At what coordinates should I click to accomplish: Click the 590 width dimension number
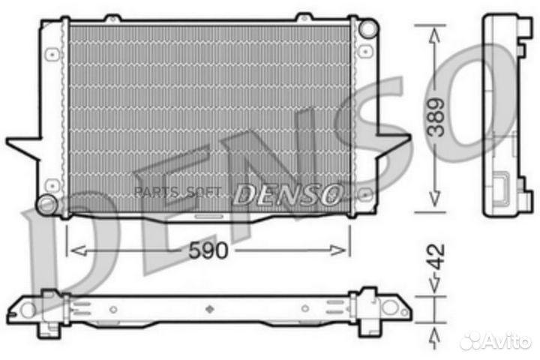click(207, 250)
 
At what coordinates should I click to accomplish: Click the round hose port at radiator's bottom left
click(47, 203)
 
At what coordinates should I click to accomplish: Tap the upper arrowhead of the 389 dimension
click(433, 31)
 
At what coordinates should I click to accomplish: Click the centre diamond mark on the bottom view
click(208, 307)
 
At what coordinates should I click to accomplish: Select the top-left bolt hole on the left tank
click(51, 54)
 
